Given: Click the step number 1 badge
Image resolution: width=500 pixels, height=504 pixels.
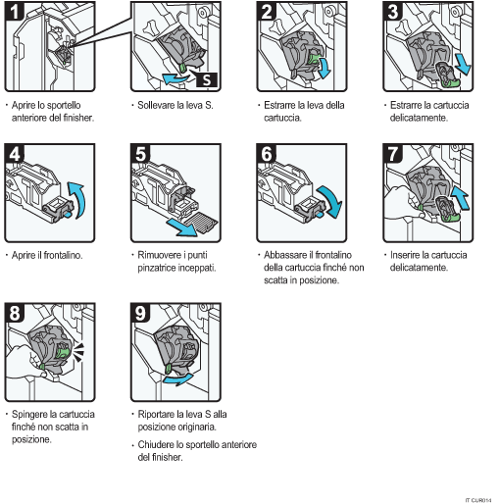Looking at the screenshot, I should click(15, 12).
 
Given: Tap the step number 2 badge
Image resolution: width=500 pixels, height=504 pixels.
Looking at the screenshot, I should click(267, 12).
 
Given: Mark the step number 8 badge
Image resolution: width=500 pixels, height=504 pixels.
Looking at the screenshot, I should click(15, 315).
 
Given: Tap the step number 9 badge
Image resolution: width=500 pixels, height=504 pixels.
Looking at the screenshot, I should click(141, 315).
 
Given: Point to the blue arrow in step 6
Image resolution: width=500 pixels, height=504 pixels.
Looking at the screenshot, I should click(336, 204).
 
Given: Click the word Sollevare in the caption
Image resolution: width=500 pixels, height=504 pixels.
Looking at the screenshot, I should click(156, 103).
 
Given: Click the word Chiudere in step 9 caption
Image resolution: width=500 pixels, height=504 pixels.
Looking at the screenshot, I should click(157, 444).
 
